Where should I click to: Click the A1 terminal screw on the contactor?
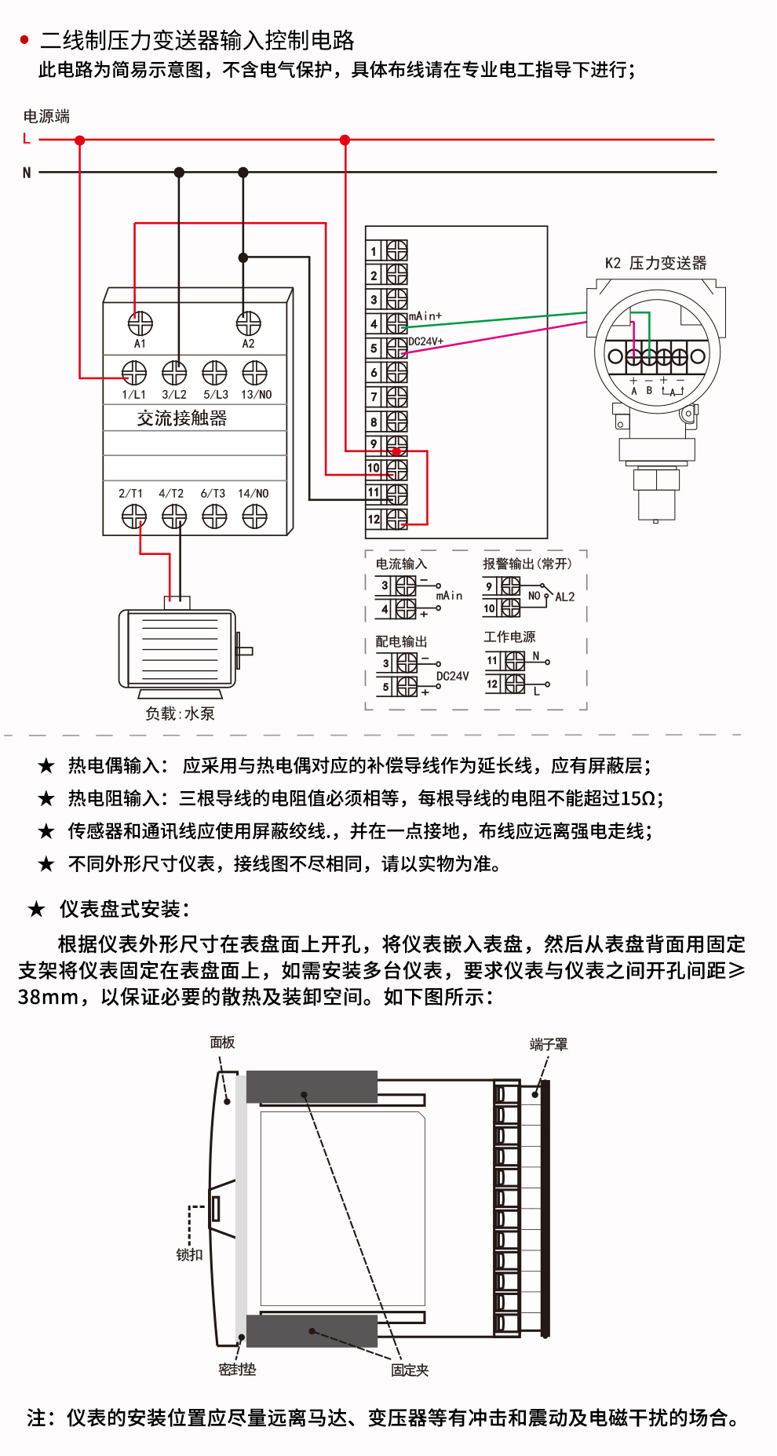click(140, 323)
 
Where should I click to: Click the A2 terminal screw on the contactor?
click(248, 323)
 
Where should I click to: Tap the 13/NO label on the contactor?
click(256, 395)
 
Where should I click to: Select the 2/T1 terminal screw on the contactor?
click(133, 516)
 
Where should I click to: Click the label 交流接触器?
click(182, 418)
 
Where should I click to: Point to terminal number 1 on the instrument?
click(374, 251)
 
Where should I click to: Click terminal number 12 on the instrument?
click(374, 519)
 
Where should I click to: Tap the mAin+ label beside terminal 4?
click(425, 316)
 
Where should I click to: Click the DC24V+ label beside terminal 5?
click(426, 341)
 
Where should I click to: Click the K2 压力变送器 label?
click(655, 263)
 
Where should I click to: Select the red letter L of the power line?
click(27, 139)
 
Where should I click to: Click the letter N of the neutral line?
click(27, 173)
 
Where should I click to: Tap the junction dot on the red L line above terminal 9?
click(345, 140)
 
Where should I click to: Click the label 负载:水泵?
click(180, 713)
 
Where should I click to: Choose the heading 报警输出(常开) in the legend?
click(527, 564)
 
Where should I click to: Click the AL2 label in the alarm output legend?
click(565, 597)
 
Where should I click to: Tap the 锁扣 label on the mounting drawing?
click(189, 1254)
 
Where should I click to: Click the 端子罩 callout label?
click(549, 1045)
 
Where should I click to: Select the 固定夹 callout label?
click(410, 1370)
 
